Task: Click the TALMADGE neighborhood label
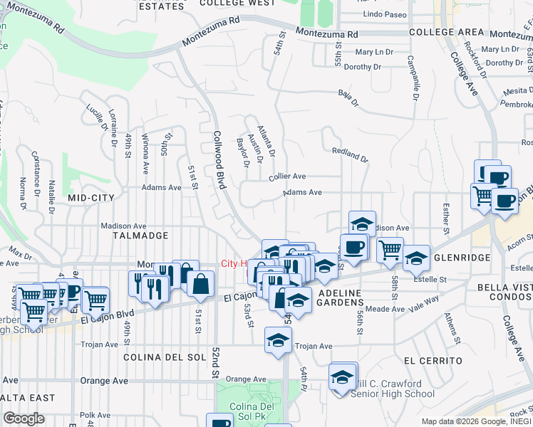point(140,235)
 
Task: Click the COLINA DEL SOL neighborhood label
point(164,357)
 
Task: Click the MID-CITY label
point(91,196)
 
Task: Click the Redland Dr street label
point(349,154)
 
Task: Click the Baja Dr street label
point(348,97)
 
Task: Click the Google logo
point(24,418)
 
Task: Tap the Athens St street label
point(450,328)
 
